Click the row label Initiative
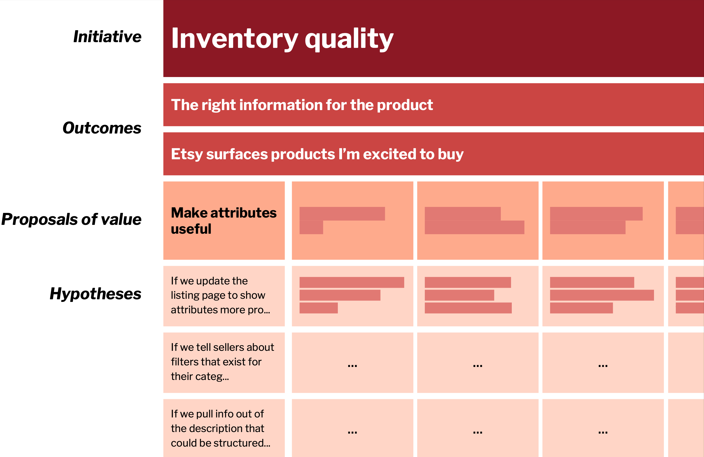[107, 37]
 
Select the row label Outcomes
[102, 128]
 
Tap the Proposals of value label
[71, 219]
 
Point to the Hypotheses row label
[96, 294]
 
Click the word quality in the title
[349, 39]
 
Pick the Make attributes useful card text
[224, 220]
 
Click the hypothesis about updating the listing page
[220, 295]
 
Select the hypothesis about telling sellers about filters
[222, 362]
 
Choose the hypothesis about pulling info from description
[220, 428]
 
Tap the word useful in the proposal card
[191, 229]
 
